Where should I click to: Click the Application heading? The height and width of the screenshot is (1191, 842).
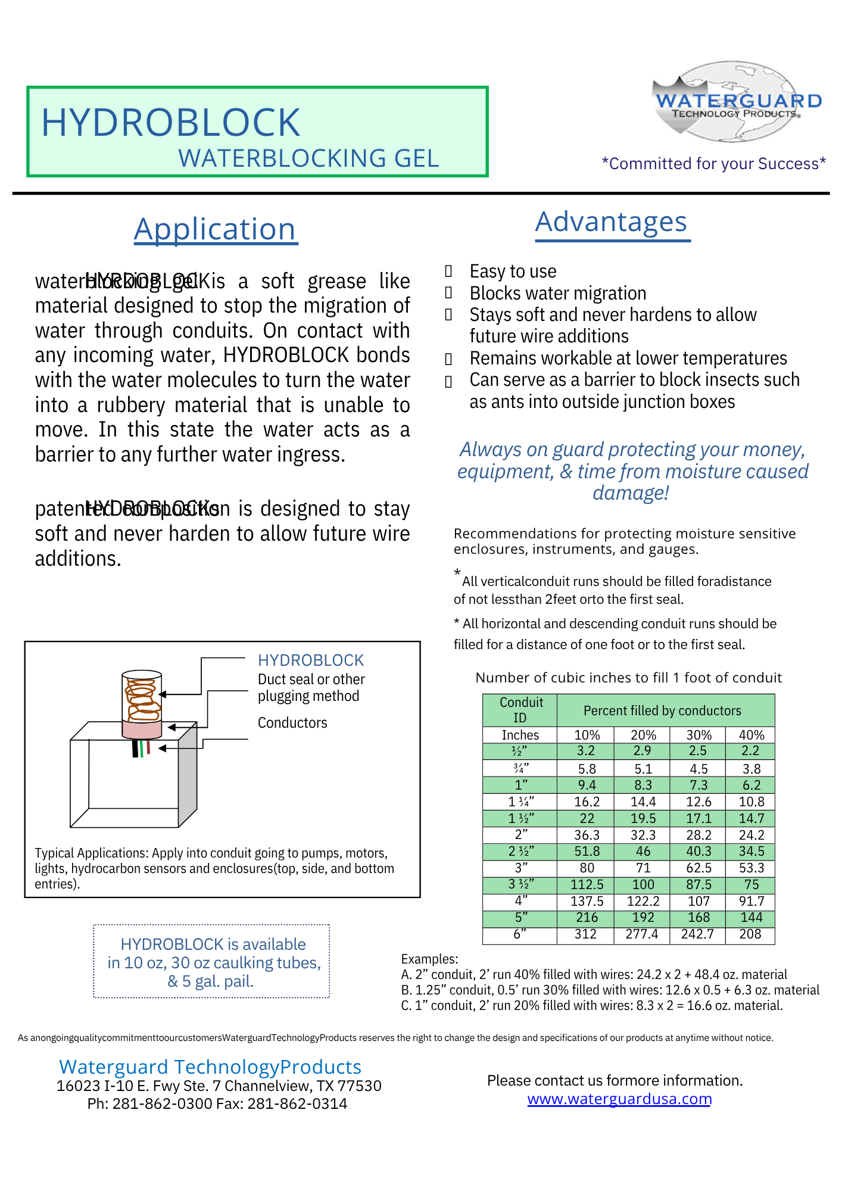point(215,229)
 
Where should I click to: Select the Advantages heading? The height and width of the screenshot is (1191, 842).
point(612,222)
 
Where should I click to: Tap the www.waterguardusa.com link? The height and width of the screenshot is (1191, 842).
point(619,1099)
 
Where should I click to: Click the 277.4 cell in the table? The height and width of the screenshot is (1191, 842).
point(642,934)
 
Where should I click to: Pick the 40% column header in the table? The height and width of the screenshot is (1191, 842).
point(751,735)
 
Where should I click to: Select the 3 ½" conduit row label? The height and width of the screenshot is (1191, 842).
point(520,884)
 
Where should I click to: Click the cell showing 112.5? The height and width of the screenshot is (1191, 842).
point(587,885)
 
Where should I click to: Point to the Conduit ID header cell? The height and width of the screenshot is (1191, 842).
point(520,710)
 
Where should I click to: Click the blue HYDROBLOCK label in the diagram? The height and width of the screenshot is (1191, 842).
point(310,660)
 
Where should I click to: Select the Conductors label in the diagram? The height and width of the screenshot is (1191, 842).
point(292,723)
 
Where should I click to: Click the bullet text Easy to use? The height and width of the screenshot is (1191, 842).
point(513,272)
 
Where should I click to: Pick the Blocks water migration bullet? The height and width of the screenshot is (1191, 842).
point(558,294)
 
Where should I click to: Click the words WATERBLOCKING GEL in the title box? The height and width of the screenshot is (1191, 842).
point(308,158)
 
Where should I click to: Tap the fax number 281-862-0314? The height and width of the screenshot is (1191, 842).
point(297,1104)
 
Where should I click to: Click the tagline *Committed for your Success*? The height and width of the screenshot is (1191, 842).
point(713,164)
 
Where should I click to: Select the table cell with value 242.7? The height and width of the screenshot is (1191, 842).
point(697,934)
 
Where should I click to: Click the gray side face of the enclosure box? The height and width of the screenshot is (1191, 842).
point(188,774)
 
